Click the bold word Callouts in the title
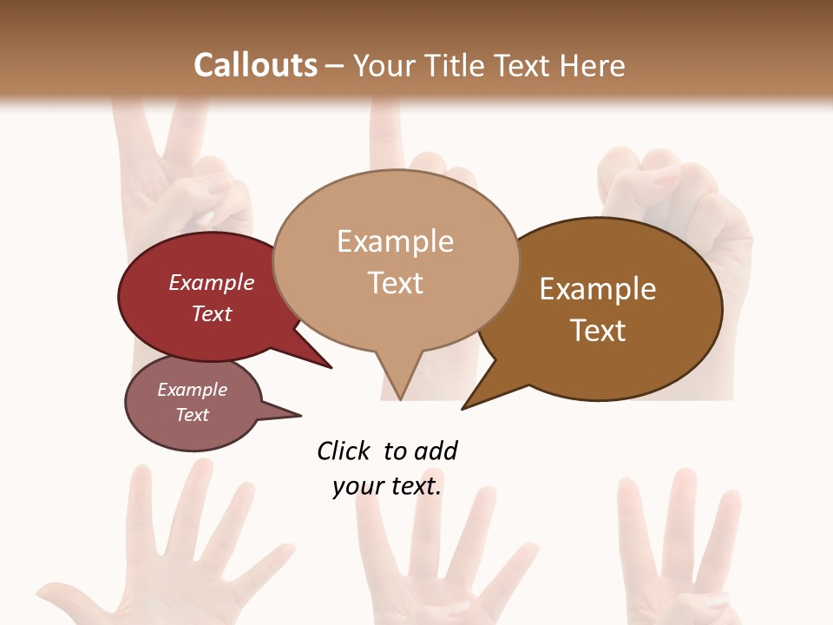click(x=255, y=65)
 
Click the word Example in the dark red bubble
click(x=212, y=282)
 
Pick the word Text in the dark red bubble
click(x=212, y=313)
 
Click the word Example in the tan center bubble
click(x=395, y=241)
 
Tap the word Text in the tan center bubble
click(x=395, y=283)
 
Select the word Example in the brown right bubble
click(x=598, y=289)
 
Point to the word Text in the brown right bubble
click(x=598, y=331)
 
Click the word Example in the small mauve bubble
click(x=193, y=390)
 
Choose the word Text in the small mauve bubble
click(x=193, y=415)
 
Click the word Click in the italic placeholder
click(x=344, y=451)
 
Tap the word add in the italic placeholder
click(x=436, y=451)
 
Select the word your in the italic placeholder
click(x=355, y=486)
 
